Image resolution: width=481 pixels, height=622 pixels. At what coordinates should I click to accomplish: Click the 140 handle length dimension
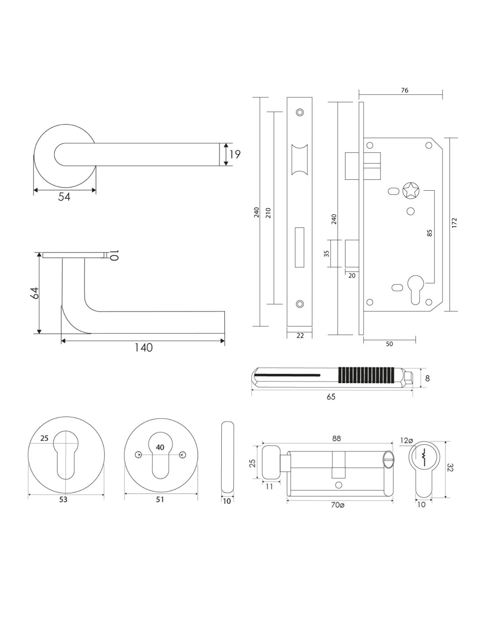143,348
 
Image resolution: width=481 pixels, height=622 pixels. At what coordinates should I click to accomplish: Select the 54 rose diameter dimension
64,197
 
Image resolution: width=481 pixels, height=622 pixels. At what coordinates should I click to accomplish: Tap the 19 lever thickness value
235,154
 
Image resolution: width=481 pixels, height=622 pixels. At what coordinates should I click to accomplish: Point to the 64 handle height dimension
35,293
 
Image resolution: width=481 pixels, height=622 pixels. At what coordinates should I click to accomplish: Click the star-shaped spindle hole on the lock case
410,191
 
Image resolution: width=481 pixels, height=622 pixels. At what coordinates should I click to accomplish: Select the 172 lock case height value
454,223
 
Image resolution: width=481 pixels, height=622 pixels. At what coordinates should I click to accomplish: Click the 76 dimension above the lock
404,91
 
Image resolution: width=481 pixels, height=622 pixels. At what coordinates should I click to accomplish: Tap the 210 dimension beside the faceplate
268,213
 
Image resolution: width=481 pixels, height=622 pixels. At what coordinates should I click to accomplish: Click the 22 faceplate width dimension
300,336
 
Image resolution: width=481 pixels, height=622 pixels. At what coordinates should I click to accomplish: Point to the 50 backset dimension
389,344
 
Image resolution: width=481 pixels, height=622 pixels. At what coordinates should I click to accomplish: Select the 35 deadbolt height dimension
326,253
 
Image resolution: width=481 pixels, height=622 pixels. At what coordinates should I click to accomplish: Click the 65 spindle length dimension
331,397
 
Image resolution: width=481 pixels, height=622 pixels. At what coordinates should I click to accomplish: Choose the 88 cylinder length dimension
336,439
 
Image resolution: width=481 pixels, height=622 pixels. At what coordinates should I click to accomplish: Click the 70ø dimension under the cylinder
337,505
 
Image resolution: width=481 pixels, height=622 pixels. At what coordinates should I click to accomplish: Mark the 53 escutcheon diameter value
63,500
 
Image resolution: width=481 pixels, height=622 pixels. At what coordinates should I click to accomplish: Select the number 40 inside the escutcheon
160,447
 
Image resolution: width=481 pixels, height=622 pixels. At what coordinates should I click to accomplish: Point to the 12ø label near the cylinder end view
406,440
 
